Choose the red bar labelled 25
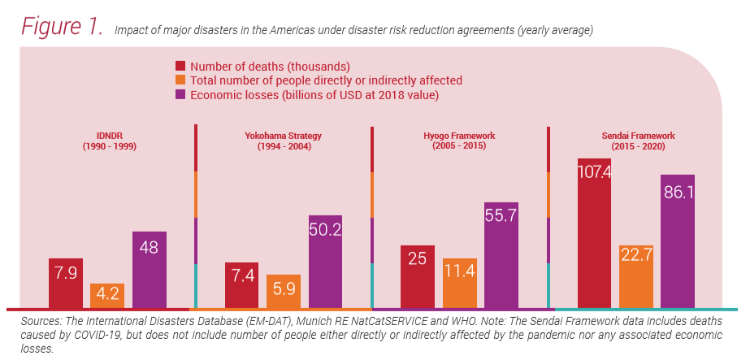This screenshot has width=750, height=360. click(x=418, y=276)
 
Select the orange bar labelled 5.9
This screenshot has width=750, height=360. click(x=284, y=291)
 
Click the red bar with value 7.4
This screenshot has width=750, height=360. click(x=241, y=285)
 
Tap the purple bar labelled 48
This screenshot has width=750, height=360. click(x=150, y=269)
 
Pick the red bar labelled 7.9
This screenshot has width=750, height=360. click(x=66, y=283)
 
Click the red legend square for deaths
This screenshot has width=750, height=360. click(x=181, y=66)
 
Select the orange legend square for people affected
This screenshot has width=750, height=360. click(x=181, y=80)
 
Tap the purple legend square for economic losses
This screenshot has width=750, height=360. click(x=181, y=95)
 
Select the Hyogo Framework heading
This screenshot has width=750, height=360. click(x=461, y=141)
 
